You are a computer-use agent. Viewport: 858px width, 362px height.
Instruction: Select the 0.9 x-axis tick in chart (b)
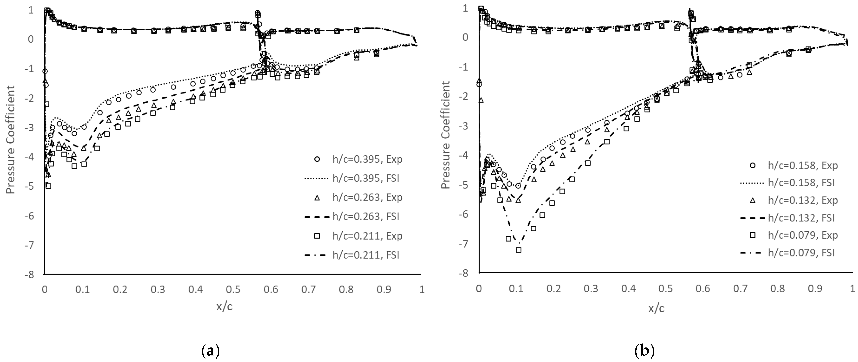pyautogui.click(x=815, y=288)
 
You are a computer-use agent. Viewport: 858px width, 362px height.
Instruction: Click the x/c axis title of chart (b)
pyautogui.click(x=656, y=308)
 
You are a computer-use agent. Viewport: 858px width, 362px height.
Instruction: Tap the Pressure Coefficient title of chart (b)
pyautogui.click(x=445, y=135)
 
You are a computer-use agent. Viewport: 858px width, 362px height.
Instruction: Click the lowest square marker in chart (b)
pyautogui.click(x=519, y=250)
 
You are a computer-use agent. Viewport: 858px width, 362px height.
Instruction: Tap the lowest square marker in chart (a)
pyautogui.click(x=48, y=186)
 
